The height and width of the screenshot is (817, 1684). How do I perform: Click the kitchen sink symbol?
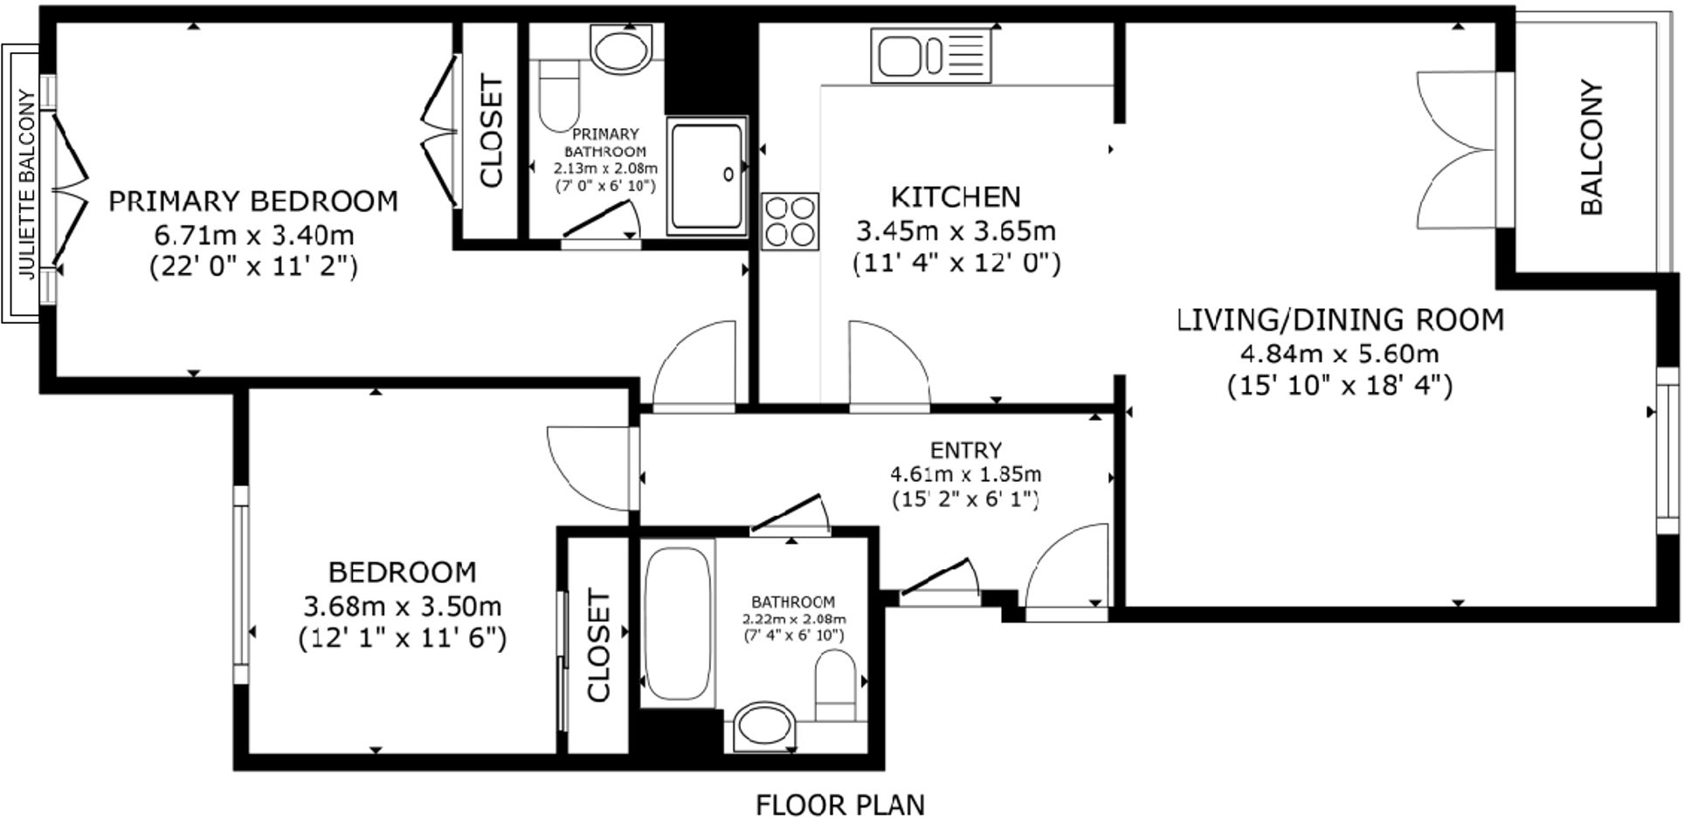(931, 55)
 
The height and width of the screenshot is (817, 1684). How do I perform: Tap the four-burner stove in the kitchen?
(790, 221)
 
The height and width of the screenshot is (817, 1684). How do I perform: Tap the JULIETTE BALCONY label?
(27, 184)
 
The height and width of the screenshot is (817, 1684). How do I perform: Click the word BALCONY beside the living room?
(1591, 148)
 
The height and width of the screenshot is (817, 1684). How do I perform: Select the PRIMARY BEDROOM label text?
(253, 202)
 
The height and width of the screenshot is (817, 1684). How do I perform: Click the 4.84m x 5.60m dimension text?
(1339, 354)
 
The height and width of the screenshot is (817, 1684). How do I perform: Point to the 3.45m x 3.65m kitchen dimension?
(956, 231)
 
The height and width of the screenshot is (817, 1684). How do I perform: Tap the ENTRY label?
(965, 450)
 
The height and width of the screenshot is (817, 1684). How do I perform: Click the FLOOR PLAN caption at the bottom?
(839, 803)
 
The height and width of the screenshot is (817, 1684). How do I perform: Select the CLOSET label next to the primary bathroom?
(493, 132)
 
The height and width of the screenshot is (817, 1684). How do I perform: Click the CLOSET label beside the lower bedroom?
(598, 645)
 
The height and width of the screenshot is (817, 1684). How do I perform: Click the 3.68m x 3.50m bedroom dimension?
(402, 605)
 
